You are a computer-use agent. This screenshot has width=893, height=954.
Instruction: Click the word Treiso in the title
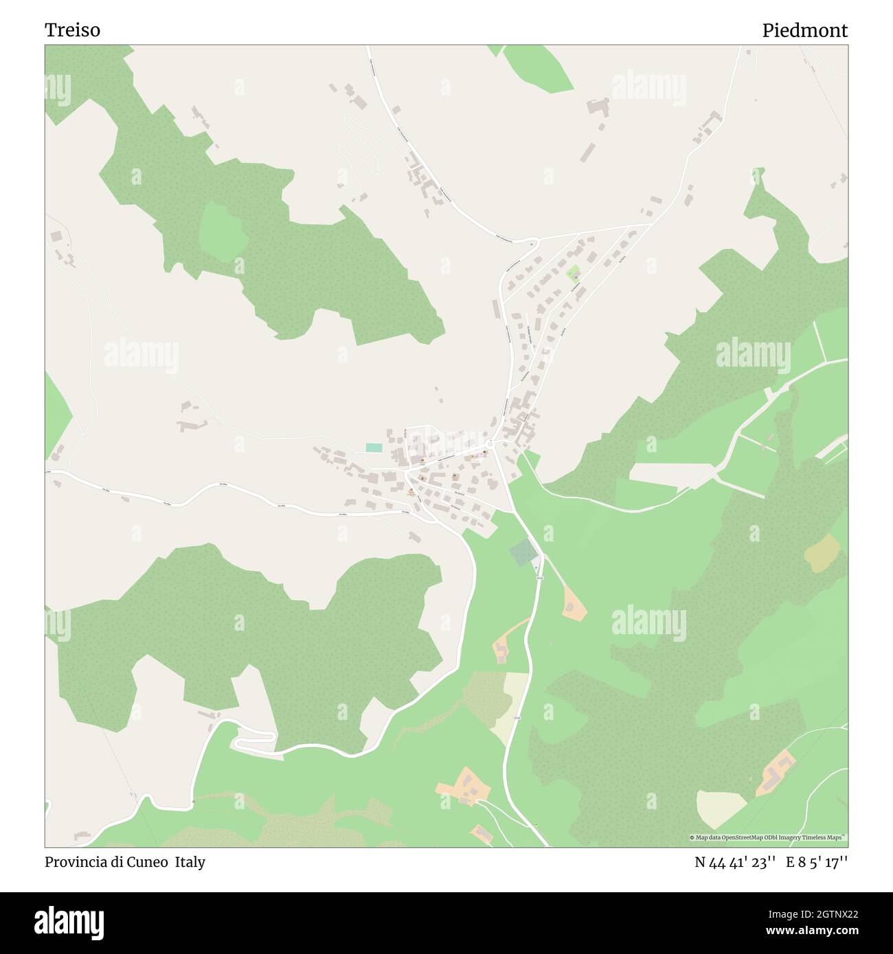coord(72,30)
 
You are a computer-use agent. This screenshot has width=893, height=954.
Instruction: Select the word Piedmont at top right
coord(804,30)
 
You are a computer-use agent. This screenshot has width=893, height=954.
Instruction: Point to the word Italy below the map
coord(190,862)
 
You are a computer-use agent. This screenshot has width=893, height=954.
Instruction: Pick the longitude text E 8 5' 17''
coord(817,862)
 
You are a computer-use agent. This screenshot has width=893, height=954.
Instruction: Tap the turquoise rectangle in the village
coord(374,447)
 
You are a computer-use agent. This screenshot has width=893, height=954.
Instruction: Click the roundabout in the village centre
coord(489,443)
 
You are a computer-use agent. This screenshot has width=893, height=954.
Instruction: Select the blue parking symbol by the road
coord(535,567)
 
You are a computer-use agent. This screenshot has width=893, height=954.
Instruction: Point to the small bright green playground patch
coord(572,274)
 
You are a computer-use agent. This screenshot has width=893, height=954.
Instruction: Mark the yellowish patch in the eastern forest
coord(822,552)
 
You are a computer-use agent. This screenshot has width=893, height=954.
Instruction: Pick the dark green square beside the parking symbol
coord(522,552)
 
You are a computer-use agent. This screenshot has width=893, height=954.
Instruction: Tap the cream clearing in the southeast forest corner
coord(721,808)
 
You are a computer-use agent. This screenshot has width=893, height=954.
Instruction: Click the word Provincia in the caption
coord(74,862)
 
